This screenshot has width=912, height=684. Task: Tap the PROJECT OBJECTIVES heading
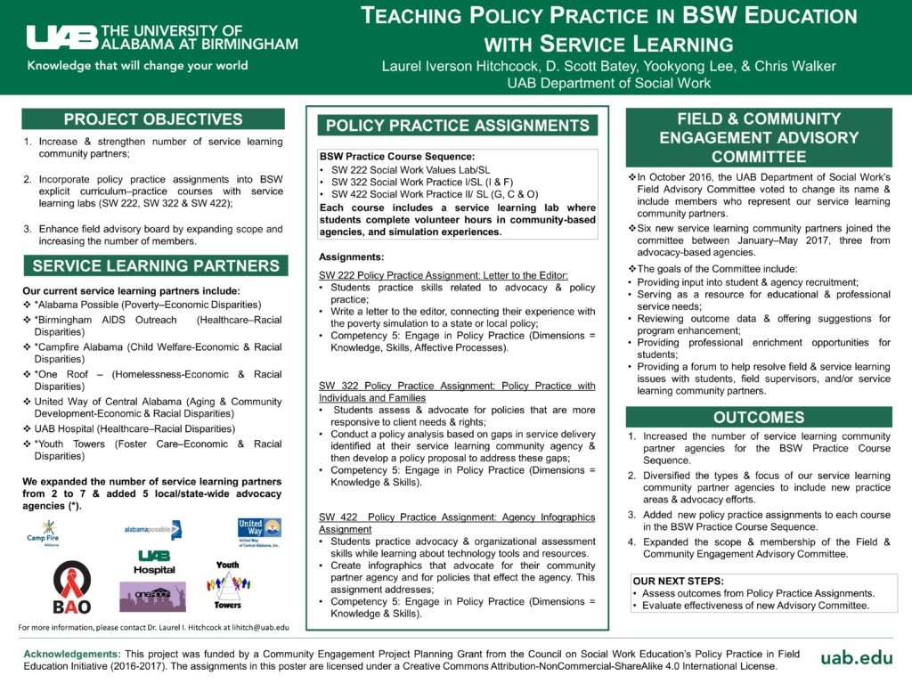pyautogui.click(x=153, y=119)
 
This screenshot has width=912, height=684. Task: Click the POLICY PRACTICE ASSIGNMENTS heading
pyautogui.click(x=458, y=126)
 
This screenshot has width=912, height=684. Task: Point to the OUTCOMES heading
pyautogui.click(x=759, y=418)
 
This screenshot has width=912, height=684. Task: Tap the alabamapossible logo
pyautogui.click(x=152, y=530)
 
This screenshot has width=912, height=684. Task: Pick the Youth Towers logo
pyautogui.click(x=228, y=584)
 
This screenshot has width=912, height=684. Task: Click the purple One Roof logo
pyautogui.click(x=152, y=596)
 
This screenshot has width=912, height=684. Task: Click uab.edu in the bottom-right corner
pyautogui.click(x=857, y=657)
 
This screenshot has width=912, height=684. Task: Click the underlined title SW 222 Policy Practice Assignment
pyautogui.click(x=444, y=275)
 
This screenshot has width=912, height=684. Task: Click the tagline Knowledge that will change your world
pyautogui.click(x=138, y=66)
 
